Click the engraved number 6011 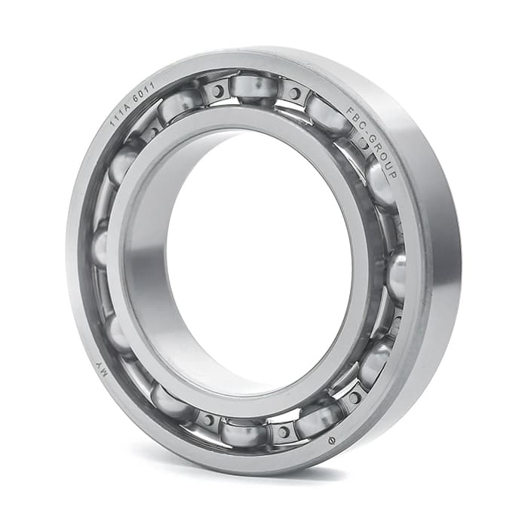point(143,94)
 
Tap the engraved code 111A point(119,115)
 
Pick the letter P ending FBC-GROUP point(393,174)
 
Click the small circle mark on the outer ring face point(330,441)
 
